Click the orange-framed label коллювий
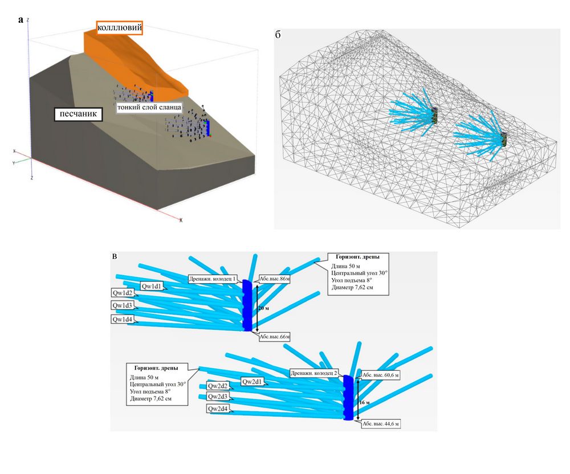119,27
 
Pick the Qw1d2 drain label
123,293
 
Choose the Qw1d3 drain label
123,306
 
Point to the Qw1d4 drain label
123,320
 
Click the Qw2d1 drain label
252,381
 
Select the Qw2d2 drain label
218,386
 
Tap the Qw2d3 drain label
218,397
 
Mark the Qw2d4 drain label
218,409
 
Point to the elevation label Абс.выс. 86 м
275,279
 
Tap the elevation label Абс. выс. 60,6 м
381,375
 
